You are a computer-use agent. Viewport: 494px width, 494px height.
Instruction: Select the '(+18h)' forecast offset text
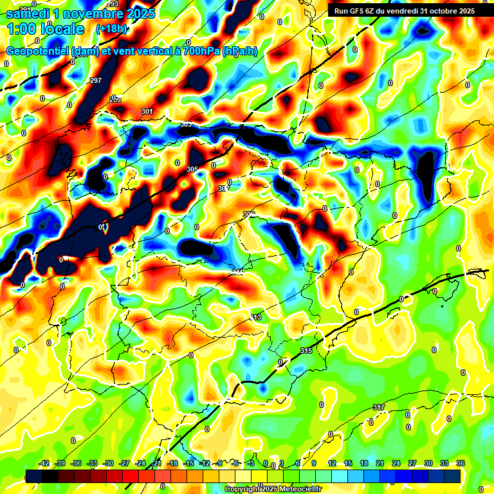[x=111, y=29]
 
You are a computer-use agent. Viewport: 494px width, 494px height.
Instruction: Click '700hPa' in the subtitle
[x=201, y=51]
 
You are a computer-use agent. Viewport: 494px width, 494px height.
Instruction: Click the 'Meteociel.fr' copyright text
[x=297, y=489]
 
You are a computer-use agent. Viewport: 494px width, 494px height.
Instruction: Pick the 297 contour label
[x=96, y=80]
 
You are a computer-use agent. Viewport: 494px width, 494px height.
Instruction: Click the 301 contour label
[x=147, y=111]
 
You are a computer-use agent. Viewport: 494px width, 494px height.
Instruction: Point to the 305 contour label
[x=192, y=169]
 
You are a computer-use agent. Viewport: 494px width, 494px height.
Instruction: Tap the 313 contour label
[x=256, y=318]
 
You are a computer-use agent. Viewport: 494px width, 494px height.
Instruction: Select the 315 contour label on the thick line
[x=306, y=351]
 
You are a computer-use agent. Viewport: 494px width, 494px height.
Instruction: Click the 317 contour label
[x=379, y=407]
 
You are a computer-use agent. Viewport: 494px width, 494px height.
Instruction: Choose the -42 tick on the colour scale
[x=44, y=463]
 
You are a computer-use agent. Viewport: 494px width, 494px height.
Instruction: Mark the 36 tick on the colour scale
[x=460, y=463]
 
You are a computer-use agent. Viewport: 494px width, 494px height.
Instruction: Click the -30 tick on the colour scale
[x=109, y=463]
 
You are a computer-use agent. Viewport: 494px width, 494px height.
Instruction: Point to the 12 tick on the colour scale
[x=332, y=463]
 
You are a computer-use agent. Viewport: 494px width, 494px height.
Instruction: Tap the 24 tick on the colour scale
[x=396, y=463]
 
